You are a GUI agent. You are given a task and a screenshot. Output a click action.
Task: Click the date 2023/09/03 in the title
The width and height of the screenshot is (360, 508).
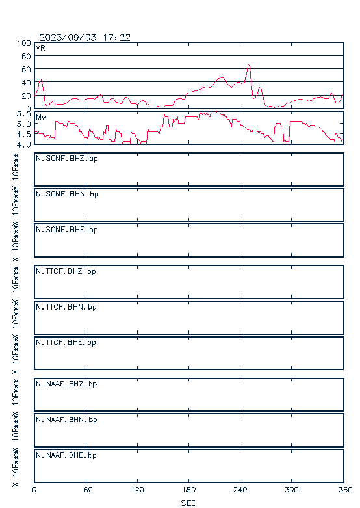[68, 38]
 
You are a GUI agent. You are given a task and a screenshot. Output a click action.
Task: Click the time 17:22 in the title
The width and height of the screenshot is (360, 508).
[117, 38]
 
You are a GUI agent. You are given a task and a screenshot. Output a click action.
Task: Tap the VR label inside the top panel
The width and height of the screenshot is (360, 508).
[40, 48]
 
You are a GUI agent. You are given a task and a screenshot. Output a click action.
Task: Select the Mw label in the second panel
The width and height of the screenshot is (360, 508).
[41, 117]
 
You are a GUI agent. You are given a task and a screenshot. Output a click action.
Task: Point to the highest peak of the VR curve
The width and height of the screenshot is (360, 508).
[249, 65]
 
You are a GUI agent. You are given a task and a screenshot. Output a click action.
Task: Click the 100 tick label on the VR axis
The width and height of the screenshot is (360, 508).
[24, 43]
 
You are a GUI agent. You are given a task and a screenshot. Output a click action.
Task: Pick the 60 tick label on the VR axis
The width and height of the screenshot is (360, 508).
[26, 70]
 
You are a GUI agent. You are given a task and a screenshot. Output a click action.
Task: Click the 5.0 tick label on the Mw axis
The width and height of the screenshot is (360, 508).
[23, 124]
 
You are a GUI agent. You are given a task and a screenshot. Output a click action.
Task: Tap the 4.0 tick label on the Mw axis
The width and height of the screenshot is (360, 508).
[23, 144]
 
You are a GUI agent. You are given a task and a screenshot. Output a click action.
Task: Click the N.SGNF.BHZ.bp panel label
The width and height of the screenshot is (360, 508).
[67, 159]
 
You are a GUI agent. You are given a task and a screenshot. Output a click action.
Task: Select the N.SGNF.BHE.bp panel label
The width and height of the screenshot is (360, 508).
[67, 230]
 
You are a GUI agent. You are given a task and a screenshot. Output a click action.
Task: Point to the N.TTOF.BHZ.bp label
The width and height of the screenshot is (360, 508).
[66, 271]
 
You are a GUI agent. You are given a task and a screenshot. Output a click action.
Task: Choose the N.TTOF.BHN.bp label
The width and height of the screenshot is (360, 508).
[66, 307]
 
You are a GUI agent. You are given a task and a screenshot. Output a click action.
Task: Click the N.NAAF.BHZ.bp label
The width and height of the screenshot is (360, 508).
[66, 384]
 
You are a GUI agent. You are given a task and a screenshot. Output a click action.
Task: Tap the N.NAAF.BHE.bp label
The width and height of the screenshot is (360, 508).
[66, 455]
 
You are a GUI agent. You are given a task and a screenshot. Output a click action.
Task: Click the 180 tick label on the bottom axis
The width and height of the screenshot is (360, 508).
[188, 490]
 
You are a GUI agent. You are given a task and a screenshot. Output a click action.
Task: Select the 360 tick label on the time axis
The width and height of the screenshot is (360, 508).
[346, 490]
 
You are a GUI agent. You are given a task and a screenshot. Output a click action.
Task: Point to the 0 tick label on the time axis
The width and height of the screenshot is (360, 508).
[34, 490]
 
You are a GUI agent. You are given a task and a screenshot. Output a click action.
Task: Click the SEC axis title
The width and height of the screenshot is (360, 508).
[188, 503]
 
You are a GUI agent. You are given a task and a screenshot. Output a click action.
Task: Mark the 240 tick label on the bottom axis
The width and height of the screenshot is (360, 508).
[240, 490]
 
